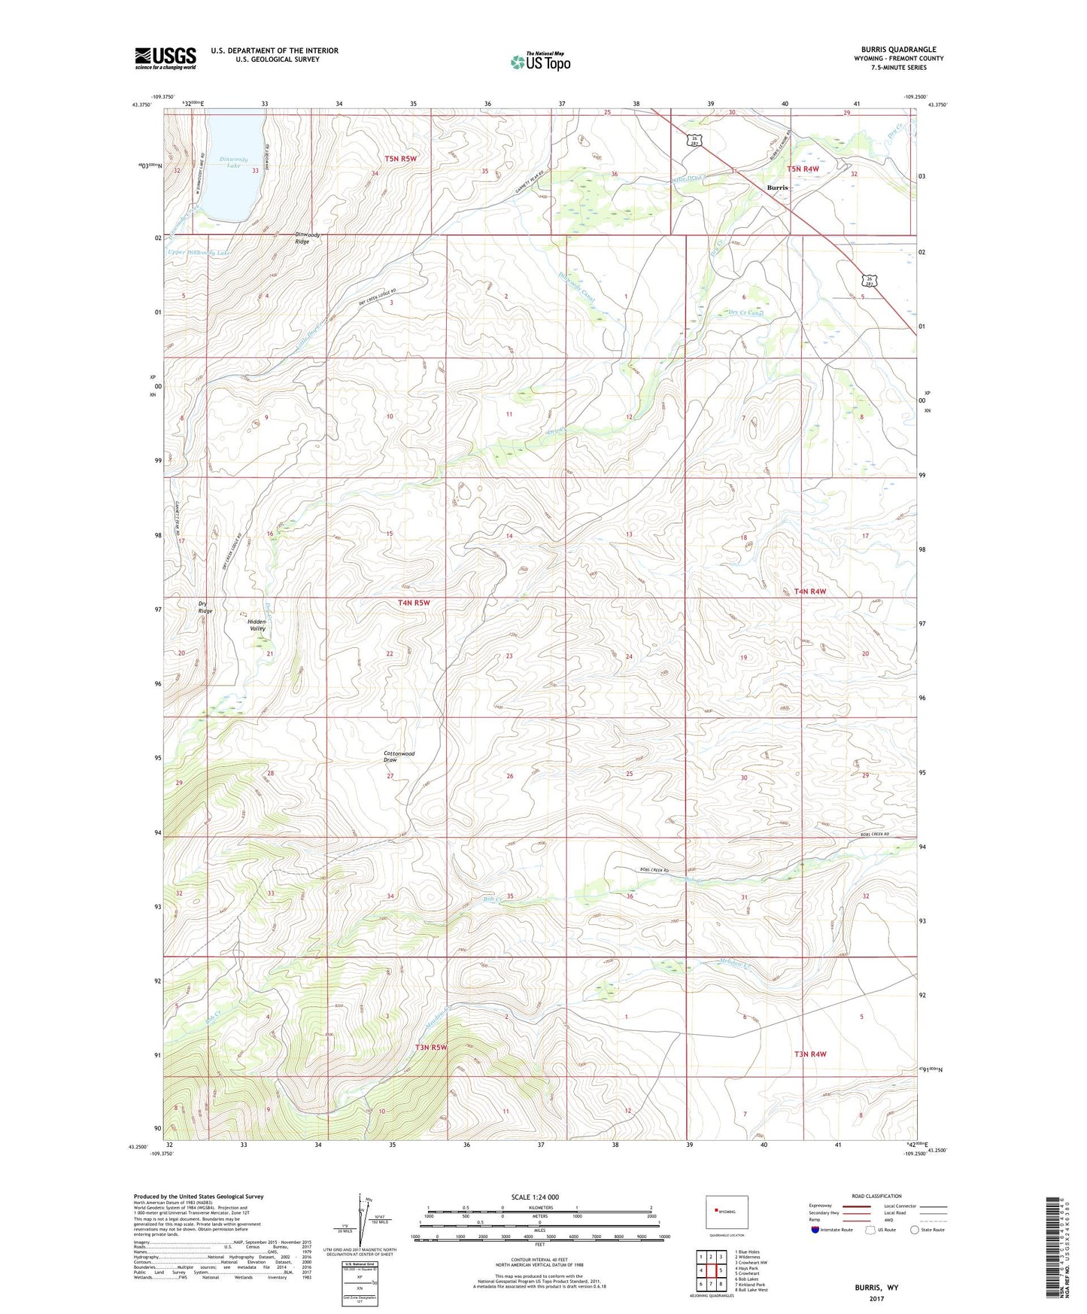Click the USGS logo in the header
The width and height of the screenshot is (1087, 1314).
[x=165, y=58]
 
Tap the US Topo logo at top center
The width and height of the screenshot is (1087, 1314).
[x=540, y=61]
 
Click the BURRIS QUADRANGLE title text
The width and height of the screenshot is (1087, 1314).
[x=894, y=50]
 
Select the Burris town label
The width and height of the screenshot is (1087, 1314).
[x=777, y=187]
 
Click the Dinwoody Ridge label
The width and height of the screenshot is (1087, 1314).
[x=307, y=239]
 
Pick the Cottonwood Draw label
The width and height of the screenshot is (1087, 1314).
[x=399, y=756]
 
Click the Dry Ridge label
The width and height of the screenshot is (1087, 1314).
[x=205, y=607]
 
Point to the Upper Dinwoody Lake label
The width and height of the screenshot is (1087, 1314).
[x=199, y=253]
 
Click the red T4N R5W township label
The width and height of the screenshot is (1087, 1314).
[x=414, y=602]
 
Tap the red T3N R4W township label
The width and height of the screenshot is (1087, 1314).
[x=809, y=1054]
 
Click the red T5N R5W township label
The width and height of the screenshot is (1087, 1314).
[x=400, y=159]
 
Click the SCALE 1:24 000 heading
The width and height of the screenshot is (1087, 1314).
[x=535, y=1197]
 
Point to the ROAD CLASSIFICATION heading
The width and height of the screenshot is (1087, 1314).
[x=876, y=1196]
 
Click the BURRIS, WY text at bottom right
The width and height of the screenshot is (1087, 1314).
[x=876, y=1288]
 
